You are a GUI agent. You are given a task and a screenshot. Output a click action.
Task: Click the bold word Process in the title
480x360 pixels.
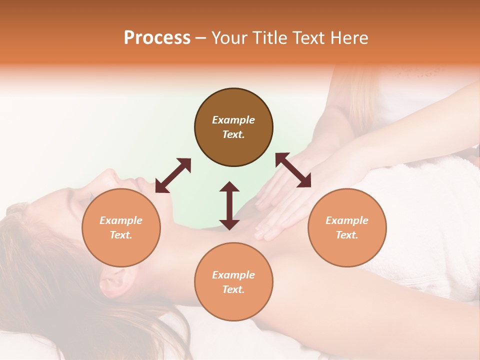[x=157, y=38]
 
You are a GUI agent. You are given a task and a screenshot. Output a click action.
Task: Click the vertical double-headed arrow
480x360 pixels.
[x=229, y=205]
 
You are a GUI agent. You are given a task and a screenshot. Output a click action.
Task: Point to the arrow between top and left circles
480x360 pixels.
[x=173, y=175]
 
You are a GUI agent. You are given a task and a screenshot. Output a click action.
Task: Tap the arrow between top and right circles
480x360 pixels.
[x=293, y=170]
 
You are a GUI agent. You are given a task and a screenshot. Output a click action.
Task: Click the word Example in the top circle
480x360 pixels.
[x=233, y=120]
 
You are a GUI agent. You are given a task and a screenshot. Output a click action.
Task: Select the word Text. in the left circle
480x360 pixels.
[x=121, y=235]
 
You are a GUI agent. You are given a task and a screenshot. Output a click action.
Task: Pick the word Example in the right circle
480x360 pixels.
[x=347, y=220]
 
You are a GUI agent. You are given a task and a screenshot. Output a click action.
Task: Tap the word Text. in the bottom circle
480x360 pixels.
[x=233, y=289]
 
